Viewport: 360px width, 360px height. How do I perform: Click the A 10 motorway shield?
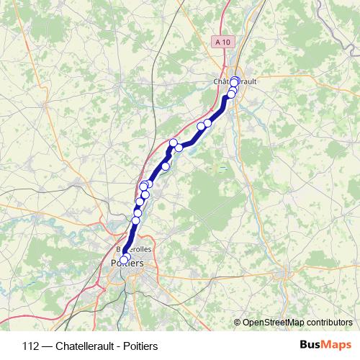tap(223, 42)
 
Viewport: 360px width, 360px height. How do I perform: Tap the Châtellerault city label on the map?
tap(235, 81)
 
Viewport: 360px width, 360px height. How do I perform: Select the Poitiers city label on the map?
tap(127, 264)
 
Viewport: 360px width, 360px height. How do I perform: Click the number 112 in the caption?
tap(30, 345)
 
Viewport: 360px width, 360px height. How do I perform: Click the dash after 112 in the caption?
tap(47, 345)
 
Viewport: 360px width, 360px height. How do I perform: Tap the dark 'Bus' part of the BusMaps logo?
tap(311, 345)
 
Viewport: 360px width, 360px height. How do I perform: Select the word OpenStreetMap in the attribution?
tap(273, 322)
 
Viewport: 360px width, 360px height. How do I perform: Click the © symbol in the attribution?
tap(238, 322)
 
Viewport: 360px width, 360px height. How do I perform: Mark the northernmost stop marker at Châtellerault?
tap(235, 81)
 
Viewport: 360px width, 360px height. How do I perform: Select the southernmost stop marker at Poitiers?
tap(123, 260)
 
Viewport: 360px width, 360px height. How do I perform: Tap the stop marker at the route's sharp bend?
tap(173, 143)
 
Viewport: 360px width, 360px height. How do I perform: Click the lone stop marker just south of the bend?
tap(166, 166)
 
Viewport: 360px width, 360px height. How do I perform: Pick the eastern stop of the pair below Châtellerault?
tap(208, 122)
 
